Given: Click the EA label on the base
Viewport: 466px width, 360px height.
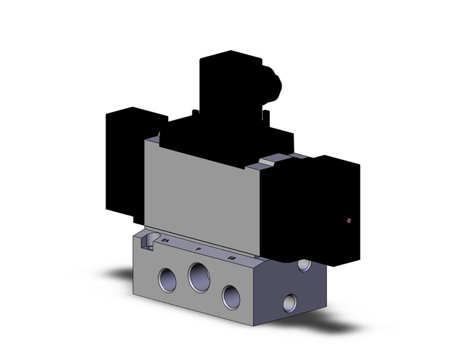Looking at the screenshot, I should coord(165,242).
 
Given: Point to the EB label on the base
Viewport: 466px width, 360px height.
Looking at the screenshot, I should coord(231,258).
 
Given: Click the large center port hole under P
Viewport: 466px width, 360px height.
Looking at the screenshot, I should coord(199,277).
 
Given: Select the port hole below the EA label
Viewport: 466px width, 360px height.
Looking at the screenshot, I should coord(167,280).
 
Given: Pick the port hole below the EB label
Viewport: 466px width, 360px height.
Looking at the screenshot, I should coord(231,296).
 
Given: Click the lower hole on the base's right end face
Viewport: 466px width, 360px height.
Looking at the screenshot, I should coord(289,302).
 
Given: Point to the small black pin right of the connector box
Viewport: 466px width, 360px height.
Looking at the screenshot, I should coord(267,114).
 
